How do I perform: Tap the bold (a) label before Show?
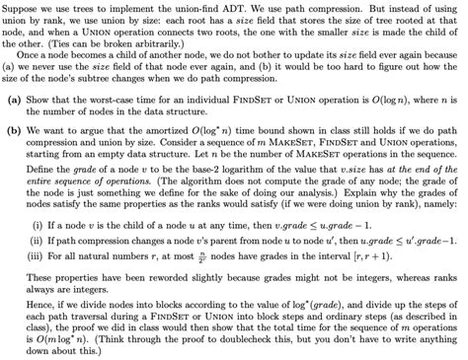point(15,127)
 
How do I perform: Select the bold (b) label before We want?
point(15,155)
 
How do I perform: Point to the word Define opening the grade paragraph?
point(47,196)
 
